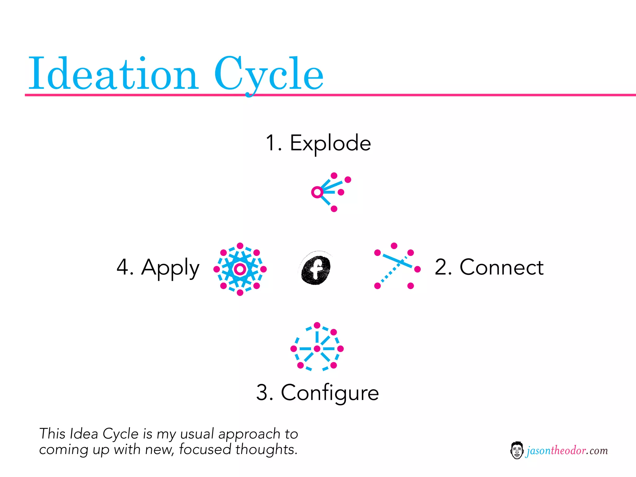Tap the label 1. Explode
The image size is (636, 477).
(318, 143)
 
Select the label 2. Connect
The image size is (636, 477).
(489, 267)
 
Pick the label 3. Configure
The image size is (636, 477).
(317, 393)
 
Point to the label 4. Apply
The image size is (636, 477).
(158, 267)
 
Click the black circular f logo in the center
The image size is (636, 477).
(316, 268)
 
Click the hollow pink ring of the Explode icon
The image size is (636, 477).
(317, 192)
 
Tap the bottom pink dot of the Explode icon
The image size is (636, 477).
(334, 209)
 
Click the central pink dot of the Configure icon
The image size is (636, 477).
(317, 349)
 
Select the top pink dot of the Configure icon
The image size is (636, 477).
(317, 325)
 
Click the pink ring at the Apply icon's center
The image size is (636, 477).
(240, 269)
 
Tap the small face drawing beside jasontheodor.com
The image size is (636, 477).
(517, 450)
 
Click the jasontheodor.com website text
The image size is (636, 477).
(567, 451)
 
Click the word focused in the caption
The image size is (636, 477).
(205, 449)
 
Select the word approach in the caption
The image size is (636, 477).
(249, 434)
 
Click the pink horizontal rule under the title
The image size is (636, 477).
(435, 95)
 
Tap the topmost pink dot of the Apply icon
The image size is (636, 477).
(240, 246)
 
